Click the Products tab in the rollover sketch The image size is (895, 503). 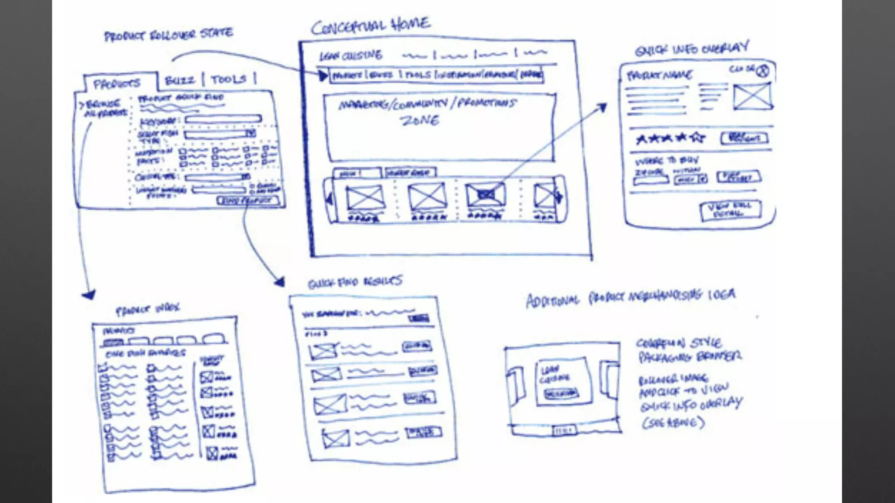[x=117, y=83]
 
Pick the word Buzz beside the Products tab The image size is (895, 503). [x=180, y=80]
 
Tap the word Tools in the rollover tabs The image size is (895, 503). [x=228, y=79]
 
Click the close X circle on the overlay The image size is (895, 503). [x=763, y=71]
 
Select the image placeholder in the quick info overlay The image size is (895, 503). [x=752, y=96]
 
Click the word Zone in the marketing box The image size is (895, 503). [x=419, y=120]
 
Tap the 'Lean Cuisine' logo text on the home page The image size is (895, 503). [x=351, y=55]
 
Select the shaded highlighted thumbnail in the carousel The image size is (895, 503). [x=485, y=195]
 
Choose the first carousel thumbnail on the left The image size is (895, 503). [x=365, y=197]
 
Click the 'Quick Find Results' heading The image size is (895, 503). [x=354, y=282]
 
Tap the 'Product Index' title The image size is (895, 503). [x=147, y=309]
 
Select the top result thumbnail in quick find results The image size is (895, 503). [x=323, y=351]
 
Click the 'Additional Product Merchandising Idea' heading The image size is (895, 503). [x=631, y=297]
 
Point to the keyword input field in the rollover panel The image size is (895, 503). [x=223, y=119]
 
